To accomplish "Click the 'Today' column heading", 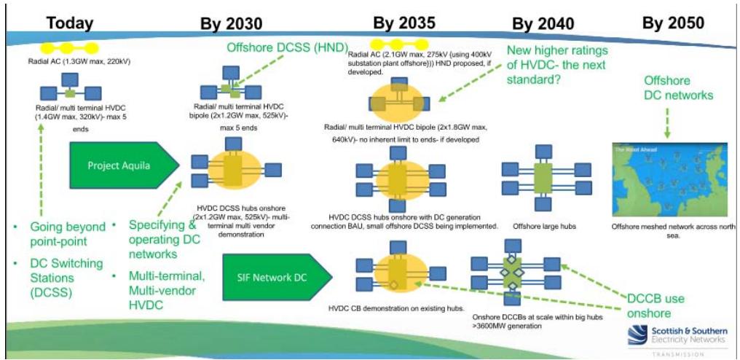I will [70, 23].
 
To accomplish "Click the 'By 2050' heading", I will [673, 23].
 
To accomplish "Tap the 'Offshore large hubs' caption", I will [543, 227].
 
